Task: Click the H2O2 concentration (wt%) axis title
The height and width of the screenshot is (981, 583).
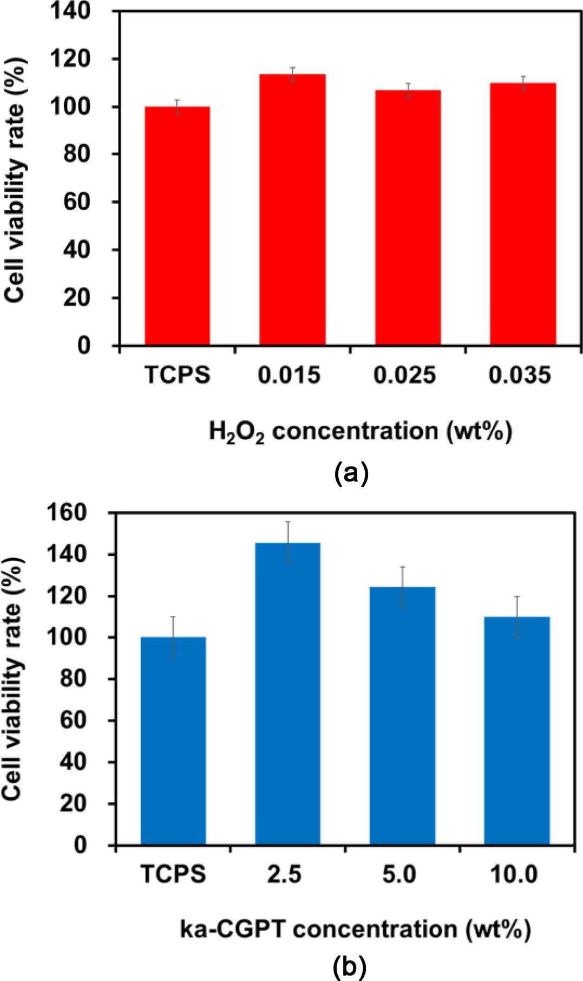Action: (x=361, y=432)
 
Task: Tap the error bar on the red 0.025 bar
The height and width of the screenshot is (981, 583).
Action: (x=408, y=90)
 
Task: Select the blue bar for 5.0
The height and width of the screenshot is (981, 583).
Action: (x=403, y=716)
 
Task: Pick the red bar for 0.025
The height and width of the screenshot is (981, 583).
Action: (x=408, y=217)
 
